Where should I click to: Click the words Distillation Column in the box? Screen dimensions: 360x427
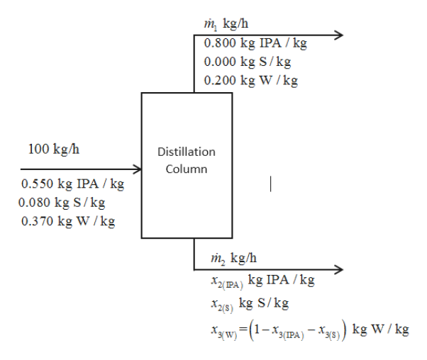[187, 160]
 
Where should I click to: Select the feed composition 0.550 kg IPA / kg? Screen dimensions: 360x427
[73, 185]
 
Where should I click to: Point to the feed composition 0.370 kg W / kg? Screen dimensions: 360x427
[69, 221]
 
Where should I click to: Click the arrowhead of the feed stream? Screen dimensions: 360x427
[137, 170]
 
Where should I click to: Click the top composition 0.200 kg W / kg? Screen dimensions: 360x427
[250, 80]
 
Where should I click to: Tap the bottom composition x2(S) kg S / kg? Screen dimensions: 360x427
[245, 303]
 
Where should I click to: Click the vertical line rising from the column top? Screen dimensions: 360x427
[194, 64]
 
